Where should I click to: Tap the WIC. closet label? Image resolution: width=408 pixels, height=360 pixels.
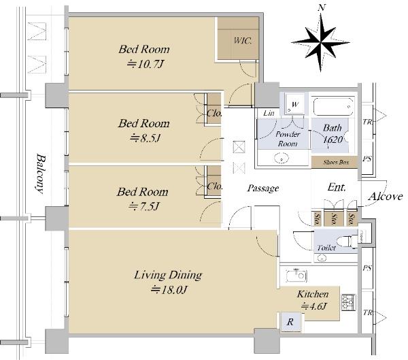[x=243, y=40]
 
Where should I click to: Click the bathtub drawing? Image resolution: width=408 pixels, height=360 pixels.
[x=333, y=107]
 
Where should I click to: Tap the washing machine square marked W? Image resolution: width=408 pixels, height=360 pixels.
[x=294, y=103]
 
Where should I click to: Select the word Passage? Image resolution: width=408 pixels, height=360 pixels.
[x=262, y=188]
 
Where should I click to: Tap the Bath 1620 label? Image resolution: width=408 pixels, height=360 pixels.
[x=333, y=132]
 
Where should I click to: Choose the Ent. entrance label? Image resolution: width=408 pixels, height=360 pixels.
[x=337, y=186]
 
